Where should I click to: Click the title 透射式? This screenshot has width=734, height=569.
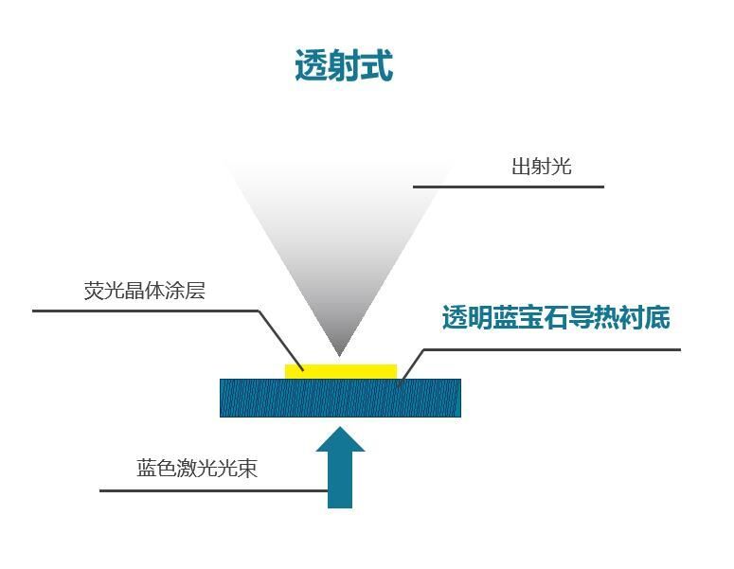click(344, 66)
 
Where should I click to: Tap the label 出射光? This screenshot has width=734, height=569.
click(542, 167)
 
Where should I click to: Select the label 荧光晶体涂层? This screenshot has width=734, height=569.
click(144, 291)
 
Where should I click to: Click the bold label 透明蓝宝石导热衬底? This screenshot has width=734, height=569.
click(556, 318)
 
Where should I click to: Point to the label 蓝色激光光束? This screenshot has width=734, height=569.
click(197, 469)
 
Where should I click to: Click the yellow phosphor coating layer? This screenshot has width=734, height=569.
click(341, 371)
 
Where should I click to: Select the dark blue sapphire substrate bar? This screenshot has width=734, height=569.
click(340, 398)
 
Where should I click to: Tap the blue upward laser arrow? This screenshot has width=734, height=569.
click(339, 479)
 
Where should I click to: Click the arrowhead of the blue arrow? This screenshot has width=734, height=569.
click(339, 440)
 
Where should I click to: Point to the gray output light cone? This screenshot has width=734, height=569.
click(338, 227)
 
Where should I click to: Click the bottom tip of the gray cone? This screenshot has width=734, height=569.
click(339, 354)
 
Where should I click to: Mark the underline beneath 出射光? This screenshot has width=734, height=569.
click(508, 187)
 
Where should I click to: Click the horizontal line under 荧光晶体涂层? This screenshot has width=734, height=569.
click(142, 311)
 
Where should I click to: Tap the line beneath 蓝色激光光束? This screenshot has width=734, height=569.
click(213, 490)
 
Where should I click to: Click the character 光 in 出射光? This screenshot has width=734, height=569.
click(563, 167)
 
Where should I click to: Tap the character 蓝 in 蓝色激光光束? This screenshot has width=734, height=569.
click(147, 469)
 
